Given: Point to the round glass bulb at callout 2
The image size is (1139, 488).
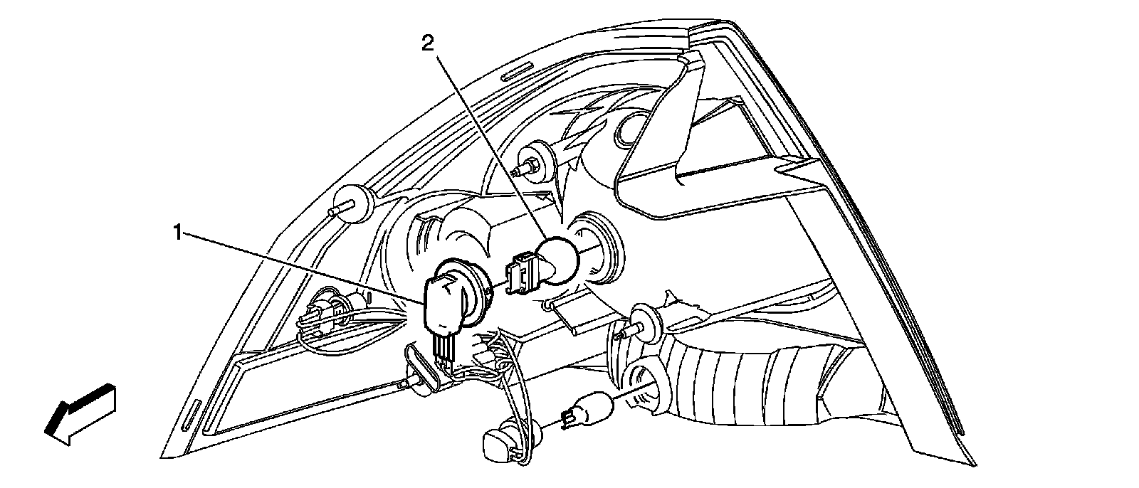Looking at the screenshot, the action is coord(558,259).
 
